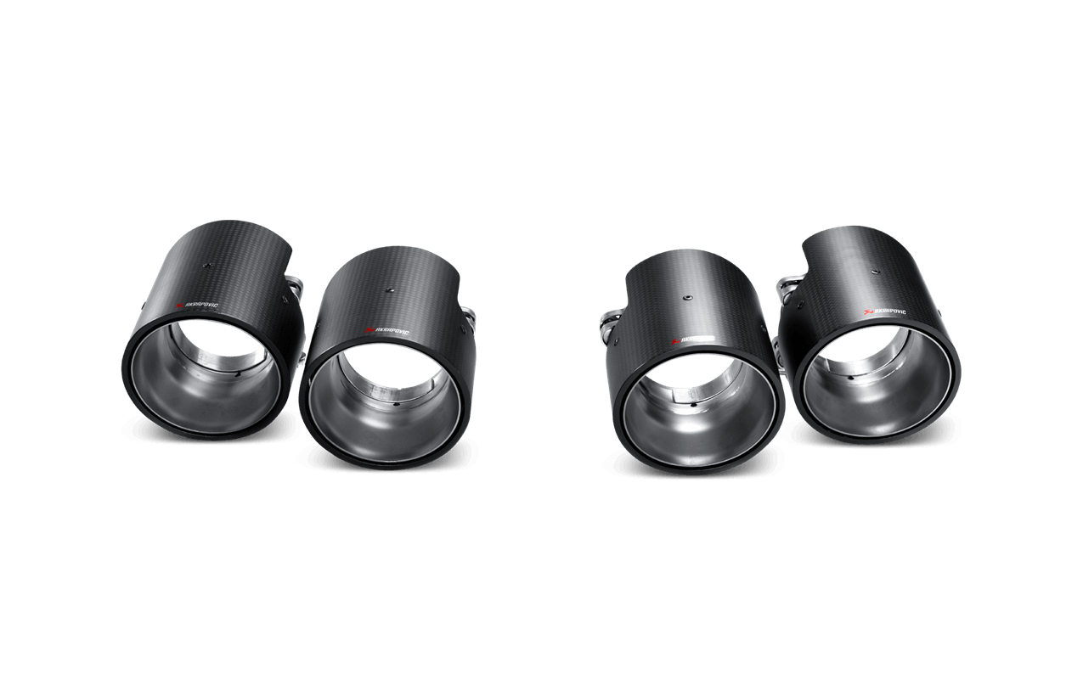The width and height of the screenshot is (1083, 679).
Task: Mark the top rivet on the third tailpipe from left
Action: point(685,298)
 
